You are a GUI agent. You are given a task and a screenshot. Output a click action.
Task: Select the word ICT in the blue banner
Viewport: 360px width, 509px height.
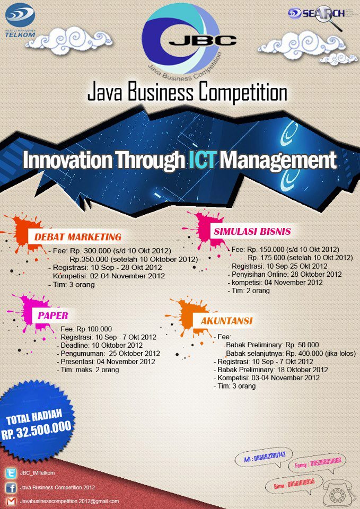[202, 160]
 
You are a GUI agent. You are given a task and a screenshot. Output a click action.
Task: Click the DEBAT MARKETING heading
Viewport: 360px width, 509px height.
[78, 236]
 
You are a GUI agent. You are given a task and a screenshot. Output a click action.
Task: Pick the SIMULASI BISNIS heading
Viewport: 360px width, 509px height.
[252, 232]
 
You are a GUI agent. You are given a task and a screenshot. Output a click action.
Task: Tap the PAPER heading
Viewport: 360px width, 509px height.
[53, 316]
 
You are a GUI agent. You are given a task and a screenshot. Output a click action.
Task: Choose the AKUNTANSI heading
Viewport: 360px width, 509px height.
[226, 321]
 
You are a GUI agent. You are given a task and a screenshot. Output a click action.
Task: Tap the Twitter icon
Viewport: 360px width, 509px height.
[10, 473]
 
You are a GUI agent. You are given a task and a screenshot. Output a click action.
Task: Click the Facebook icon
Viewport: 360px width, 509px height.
[10, 487]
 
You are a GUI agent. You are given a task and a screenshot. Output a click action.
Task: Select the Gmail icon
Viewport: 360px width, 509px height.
[10, 501]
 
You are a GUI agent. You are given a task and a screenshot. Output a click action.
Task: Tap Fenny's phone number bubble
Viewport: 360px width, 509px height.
[318, 462]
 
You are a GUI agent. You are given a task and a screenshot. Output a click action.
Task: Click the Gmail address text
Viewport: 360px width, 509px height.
[69, 501]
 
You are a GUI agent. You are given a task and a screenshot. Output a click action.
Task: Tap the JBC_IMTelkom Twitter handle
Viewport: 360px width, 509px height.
[38, 473]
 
